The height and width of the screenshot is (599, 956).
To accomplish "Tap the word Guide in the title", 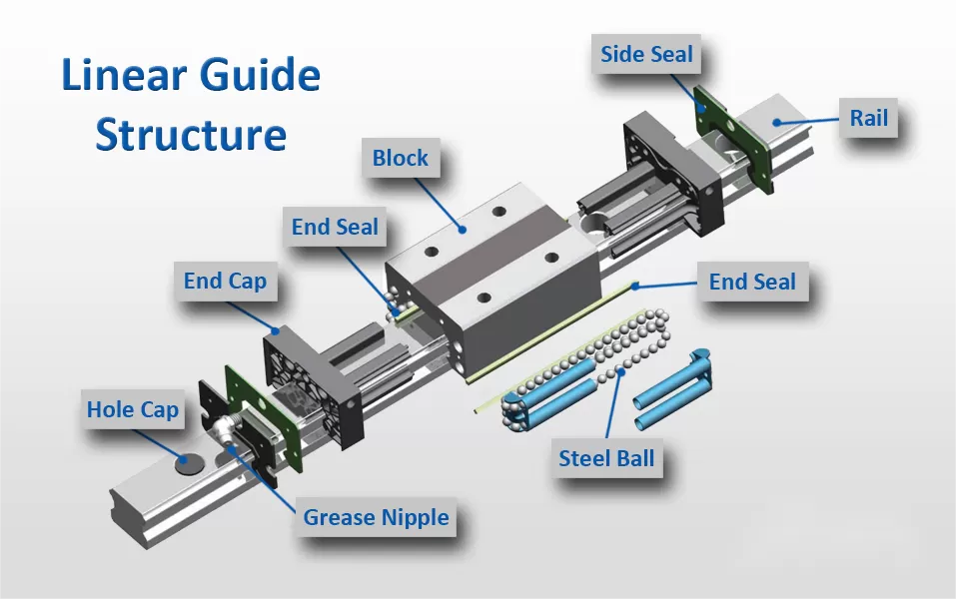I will pos(259,77).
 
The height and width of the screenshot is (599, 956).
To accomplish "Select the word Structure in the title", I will pos(191,134).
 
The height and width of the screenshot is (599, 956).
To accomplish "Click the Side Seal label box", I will pos(646,54).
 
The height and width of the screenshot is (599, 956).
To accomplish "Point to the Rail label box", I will pos(868,119).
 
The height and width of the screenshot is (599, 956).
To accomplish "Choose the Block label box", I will pos(400,158).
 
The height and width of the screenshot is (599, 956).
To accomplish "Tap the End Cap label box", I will pos(225,282).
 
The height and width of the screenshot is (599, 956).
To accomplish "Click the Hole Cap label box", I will pos(132,409).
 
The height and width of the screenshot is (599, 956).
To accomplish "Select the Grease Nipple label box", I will pos(376,517).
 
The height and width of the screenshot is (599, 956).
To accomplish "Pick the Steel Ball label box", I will pos(606,459).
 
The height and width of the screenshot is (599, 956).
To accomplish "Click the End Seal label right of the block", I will pos(752,283).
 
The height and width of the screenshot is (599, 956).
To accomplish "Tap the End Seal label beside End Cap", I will pos(335,228).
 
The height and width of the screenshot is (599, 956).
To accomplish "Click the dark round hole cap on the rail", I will pos(187,463).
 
